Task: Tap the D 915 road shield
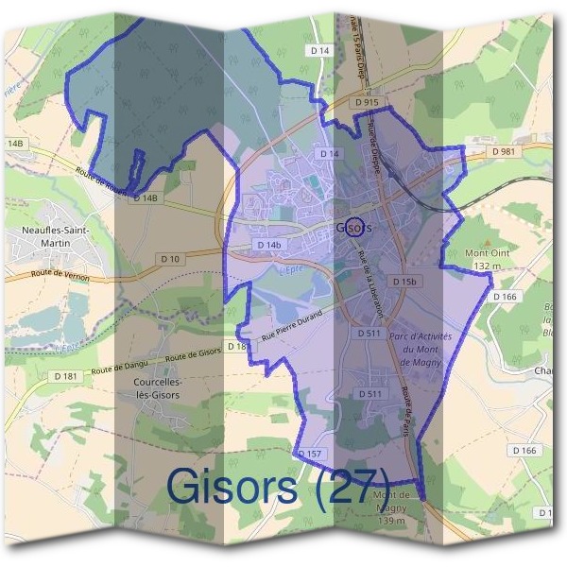369,102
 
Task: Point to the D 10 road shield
170,259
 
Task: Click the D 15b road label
404,282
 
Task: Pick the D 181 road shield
66,376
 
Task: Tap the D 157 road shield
310,454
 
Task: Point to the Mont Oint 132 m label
487,260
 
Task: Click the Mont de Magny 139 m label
390,507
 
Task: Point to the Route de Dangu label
122,366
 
